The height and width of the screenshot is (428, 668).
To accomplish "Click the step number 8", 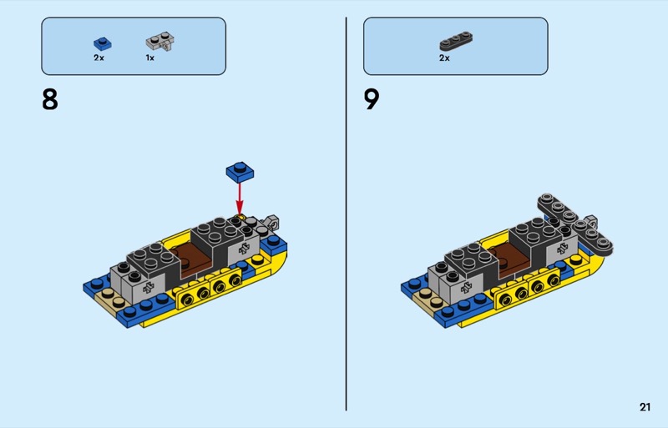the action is pyautogui.click(x=50, y=99).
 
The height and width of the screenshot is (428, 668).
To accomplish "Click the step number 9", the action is pyautogui.click(x=372, y=99).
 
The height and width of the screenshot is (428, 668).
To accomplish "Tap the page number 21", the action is pyautogui.click(x=645, y=407).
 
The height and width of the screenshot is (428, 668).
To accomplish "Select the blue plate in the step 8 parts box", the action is pyautogui.click(x=103, y=44).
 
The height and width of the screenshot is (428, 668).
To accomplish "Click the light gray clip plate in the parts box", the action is pyautogui.click(x=160, y=42).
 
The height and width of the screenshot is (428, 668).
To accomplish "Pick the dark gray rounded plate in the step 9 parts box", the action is pyautogui.click(x=456, y=41).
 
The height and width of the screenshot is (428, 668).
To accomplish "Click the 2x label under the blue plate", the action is pyautogui.click(x=99, y=58).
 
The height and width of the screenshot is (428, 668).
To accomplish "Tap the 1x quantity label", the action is pyautogui.click(x=150, y=58).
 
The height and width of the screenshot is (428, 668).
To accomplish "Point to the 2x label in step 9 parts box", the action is pyautogui.click(x=444, y=58).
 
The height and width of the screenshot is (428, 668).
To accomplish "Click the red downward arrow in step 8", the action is pyautogui.click(x=240, y=199).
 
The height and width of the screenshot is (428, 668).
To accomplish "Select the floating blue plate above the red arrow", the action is pyautogui.click(x=240, y=172).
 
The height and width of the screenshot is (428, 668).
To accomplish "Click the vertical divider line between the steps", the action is pyautogui.click(x=346, y=214).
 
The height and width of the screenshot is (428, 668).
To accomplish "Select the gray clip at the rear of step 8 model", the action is pyautogui.click(x=271, y=222).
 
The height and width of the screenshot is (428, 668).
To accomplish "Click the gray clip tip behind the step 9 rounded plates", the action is pyautogui.click(x=591, y=220).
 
